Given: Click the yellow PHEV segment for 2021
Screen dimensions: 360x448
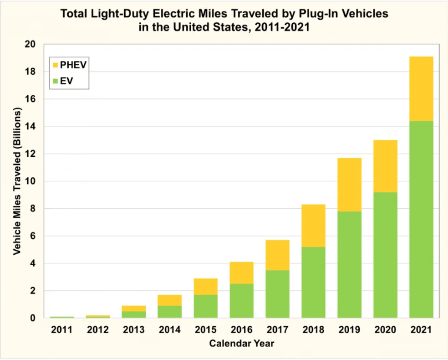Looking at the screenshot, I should click(421, 89).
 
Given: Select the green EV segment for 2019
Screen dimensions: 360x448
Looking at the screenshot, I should click(349, 264).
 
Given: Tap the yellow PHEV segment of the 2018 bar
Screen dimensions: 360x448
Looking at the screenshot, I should click(313, 226).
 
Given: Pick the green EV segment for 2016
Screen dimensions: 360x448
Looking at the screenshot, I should click(241, 301).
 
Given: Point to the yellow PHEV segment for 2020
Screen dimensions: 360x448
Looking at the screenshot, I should click(385, 166).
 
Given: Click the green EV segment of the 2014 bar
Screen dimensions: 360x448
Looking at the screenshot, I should click(169, 312).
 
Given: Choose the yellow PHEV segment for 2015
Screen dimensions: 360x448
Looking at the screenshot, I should click(205, 287).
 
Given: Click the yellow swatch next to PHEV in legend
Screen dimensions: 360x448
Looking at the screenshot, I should click(55, 65).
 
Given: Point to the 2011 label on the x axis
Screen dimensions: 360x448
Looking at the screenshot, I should click(61, 329).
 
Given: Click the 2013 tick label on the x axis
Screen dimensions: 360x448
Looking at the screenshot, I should click(133, 329).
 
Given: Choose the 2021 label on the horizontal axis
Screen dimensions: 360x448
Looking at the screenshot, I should click(421, 329).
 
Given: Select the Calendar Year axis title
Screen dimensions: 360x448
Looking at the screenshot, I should click(242, 344).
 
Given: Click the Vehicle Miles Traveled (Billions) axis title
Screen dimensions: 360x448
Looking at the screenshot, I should click(17, 181).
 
